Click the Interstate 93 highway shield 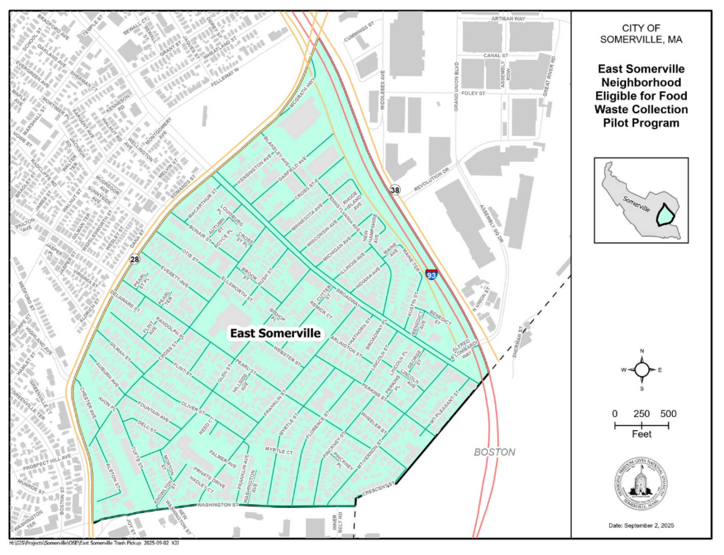tap(431, 274)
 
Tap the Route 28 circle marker tap(135, 259)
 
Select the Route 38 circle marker tap(394, 190)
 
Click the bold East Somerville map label tap(275, 333)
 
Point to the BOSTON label tap(494, 452)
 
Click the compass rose tap(642, 370)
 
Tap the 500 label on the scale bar tap(668, 414)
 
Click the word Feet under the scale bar tap(642, 434)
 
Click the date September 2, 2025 tap(641, 526)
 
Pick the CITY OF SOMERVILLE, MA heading tap(641, 34)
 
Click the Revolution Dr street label tap(431, 180)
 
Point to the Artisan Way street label tap(508, 19)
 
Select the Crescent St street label tap(378, 490)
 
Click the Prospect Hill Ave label tap(47, 462)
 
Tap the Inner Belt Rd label tap(337, 522)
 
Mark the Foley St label tap(473, 94)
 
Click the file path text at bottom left tap(94, 543)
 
